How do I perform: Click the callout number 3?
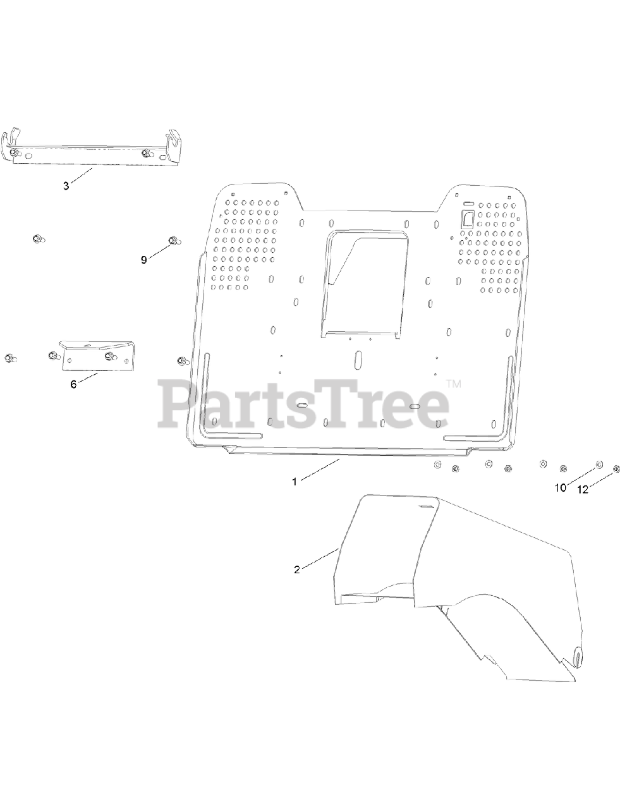pos(66,186)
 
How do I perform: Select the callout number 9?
pos(143,260)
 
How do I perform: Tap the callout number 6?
pos(73,384)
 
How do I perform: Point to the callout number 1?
pos(295,481)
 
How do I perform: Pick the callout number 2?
pos(297,569)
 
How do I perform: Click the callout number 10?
pos(561,488)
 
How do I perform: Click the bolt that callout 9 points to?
pos(173,240)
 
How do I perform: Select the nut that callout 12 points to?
pos(616,469)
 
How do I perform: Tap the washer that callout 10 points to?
pos(599,465)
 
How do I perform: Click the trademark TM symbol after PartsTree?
pos(454,384)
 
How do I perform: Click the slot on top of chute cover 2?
pos(427,506)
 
